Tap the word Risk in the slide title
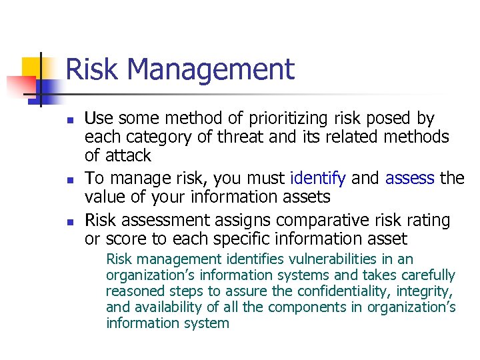pos(89,69)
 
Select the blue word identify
pos(319,179)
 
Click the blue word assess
pos(410,179)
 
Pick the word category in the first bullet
pos(148,138)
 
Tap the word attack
pos(129,156)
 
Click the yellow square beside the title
pos(33,67)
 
